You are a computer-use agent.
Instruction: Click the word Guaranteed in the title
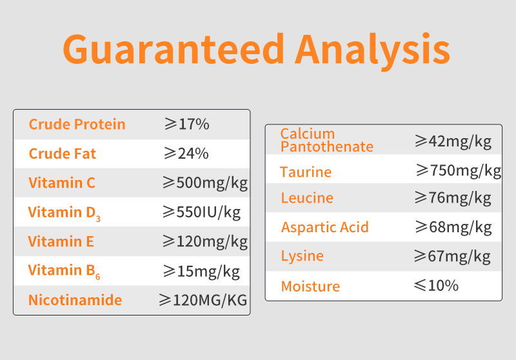[174, 49]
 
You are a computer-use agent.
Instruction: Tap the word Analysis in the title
[373, 52]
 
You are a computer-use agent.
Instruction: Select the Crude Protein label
[77, 125]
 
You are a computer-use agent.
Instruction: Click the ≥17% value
[186, 124]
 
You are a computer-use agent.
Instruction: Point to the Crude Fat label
[62, 154]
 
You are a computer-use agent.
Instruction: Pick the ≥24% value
[186, 154]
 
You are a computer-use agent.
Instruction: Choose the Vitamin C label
[61, 183]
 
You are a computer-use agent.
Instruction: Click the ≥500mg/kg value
[205, 183]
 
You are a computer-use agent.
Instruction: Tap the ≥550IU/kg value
[201, 212]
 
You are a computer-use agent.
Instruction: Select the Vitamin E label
[61, 241]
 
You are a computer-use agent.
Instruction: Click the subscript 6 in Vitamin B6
[98, 276]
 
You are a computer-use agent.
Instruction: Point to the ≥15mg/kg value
[201, 272]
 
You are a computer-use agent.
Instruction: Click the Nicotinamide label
[75, 300]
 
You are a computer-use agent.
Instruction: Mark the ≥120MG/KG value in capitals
[203, 300]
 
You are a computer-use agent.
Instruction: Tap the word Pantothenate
[327, 146]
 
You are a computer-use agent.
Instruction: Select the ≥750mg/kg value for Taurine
[459, 171]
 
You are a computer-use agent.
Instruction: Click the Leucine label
[307, 198]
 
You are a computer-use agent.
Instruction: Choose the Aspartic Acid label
[325, 227]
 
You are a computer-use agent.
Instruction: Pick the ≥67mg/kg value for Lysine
[452, 256]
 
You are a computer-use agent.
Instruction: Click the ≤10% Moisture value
[436, 285]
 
